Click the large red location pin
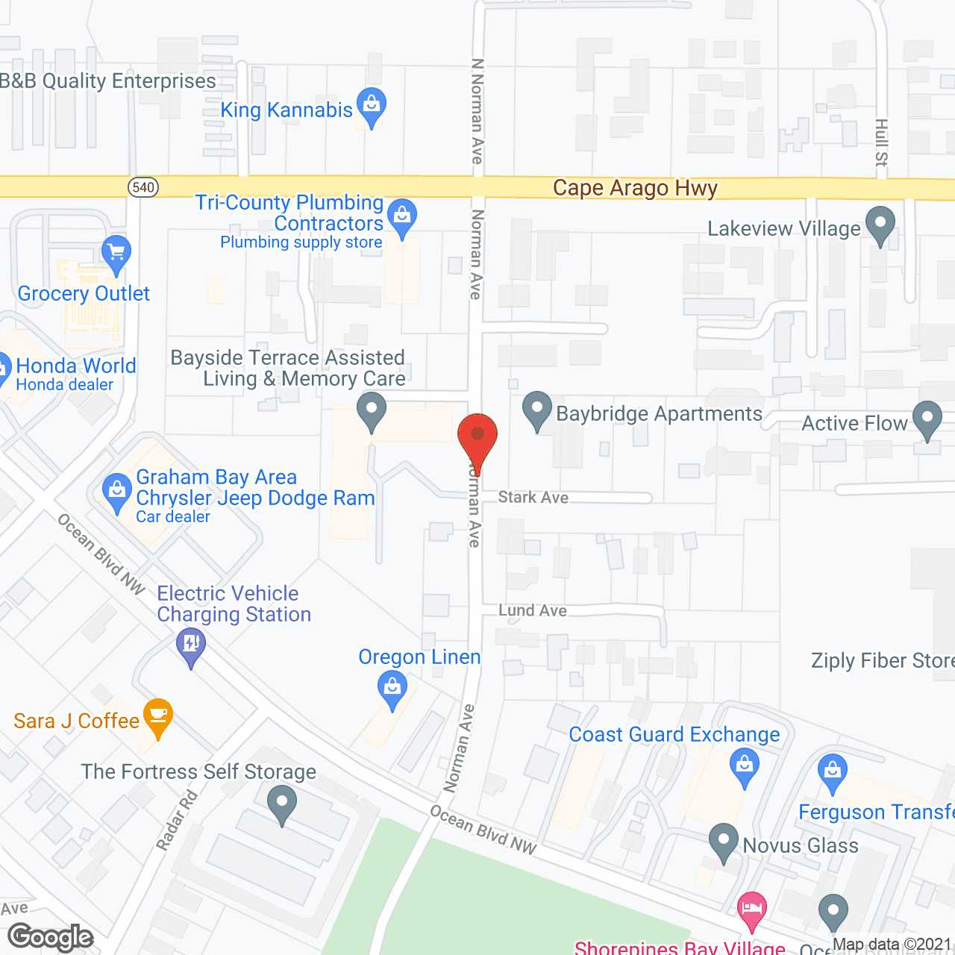click(x=477, y=436)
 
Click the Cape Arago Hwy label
click(x=635, y=188)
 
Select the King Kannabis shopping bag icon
click(x=371, y=105)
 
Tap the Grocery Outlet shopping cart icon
click(x=116, y=251)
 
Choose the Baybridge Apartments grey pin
click(x=536, y=410)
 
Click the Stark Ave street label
click(x=533, y=497)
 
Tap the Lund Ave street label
click(x=532, y=610)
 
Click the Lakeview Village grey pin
click(x=880, y=224)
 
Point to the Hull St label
click(x=881, y=142)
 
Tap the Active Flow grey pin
click(x=927, y=419)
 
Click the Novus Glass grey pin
click(x=723, y=841)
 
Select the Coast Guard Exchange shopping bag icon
click(x=745, y=767)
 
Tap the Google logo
click(x=51, y=937)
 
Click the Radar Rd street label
click(x=177, y=821)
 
